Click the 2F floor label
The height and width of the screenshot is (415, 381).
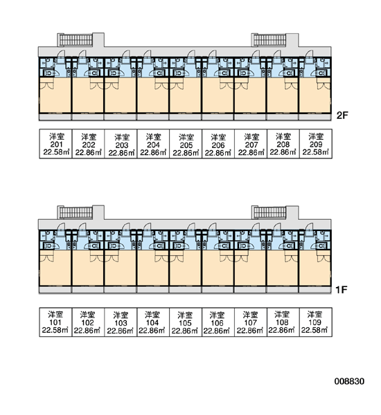pos(342,116)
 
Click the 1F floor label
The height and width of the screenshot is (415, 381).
pos(342,290)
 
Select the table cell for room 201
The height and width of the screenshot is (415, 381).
pos(55,144)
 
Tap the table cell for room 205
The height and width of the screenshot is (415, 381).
pos(186,144)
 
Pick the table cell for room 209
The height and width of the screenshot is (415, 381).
pos(316,144)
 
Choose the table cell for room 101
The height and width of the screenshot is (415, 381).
pos(55,322)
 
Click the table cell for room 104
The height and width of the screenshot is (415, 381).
pos(153,322)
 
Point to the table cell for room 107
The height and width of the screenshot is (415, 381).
pos(251,322)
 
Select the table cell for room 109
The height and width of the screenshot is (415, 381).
pos(316,322)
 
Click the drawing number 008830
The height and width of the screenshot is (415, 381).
pos(349,381)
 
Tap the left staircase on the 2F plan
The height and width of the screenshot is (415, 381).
pos(76,39)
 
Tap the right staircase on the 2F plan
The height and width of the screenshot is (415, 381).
pos(269,39)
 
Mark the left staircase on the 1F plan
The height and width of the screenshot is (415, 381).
pos(76,212)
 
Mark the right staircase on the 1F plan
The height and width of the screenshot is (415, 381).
pos(269,212)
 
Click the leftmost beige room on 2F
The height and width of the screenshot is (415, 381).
pos(55,95)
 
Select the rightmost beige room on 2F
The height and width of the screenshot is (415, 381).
pos(314,95)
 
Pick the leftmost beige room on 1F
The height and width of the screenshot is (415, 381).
pos(55,268)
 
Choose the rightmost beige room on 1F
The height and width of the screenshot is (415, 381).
pos(314,268)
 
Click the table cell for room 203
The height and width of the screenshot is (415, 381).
pos(121,144)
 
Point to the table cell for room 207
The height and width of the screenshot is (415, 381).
pos(251,144)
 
